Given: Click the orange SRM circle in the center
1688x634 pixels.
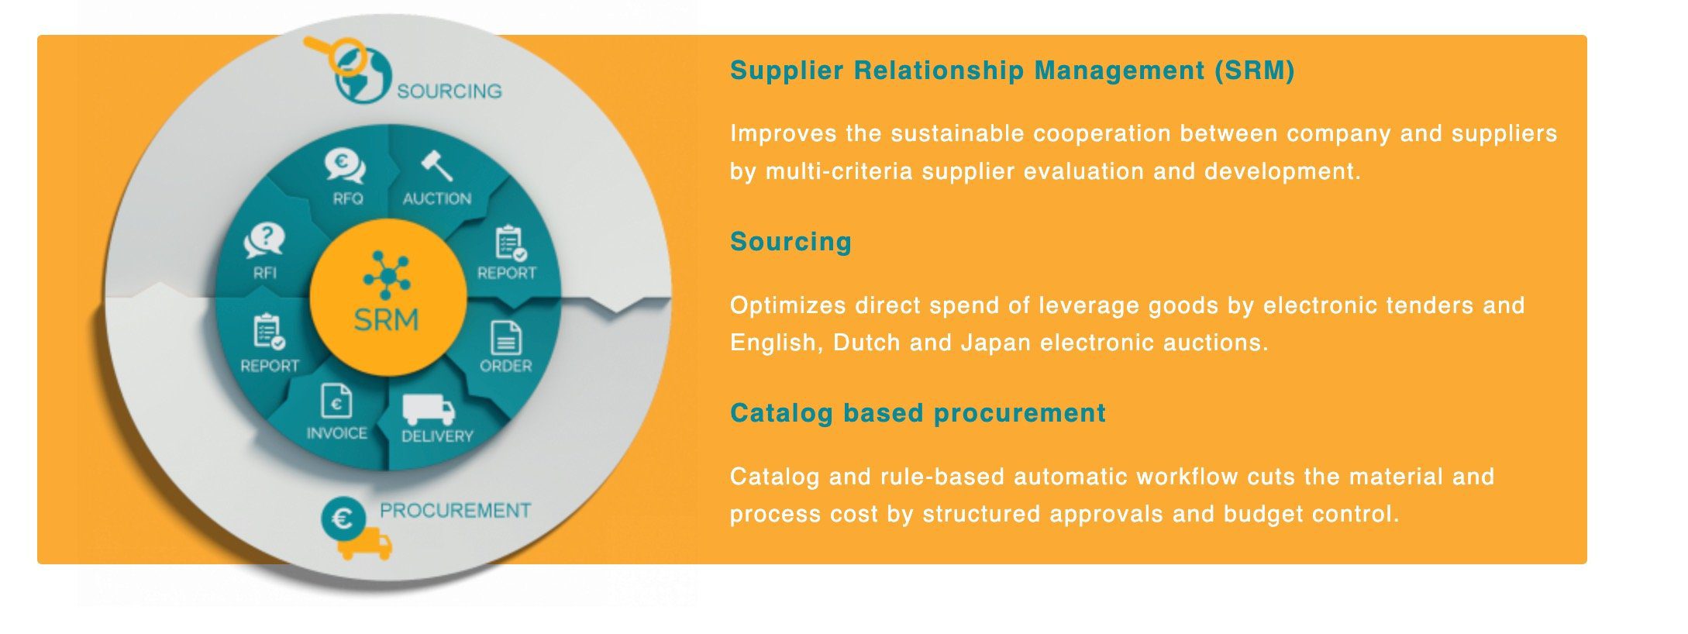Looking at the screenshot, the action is click(388, 298).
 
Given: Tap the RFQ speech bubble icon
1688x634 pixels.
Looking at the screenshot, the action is click(345, 166).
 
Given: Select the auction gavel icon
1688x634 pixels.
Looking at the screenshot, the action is click(436, 165).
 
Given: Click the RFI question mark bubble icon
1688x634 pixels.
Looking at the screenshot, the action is click(264, 240).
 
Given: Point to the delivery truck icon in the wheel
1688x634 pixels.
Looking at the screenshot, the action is click(428, 409).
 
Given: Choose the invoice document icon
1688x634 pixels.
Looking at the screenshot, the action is click(336, 401).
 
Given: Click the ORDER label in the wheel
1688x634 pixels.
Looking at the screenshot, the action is click(506, 366).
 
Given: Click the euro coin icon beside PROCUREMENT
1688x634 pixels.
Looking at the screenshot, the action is click(343, 519).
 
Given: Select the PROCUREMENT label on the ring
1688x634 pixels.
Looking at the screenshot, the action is click(455, 511).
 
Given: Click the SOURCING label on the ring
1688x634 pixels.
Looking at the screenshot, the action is click(450, 91).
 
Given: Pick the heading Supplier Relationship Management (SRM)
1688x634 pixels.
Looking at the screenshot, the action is click(1012, 71).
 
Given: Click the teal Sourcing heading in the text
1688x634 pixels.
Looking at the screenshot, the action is click(791, 242).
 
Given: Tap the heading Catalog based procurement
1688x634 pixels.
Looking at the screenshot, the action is click(918, 413).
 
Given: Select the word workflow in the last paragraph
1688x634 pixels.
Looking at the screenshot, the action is click(1179, 476).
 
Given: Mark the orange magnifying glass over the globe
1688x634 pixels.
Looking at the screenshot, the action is click(335, 53).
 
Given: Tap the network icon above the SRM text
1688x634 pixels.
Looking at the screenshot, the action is click(387, 274).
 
